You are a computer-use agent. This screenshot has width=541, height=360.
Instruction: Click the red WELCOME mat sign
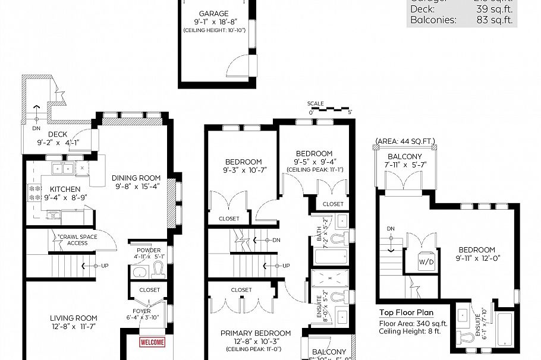tap(152, 342)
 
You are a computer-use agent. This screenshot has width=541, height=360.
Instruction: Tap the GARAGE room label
tap(213, 13)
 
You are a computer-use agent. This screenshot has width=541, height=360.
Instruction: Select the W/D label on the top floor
tap(426, 261)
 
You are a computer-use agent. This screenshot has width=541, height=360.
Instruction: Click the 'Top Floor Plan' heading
tap(406, 313)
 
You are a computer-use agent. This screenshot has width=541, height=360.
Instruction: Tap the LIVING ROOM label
tap(74, 318)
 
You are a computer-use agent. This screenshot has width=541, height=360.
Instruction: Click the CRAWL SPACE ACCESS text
tap(77, 239)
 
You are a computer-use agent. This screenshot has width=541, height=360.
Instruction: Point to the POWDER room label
tap(149, 251)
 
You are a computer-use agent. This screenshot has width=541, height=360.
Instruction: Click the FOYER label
tap(141, 311)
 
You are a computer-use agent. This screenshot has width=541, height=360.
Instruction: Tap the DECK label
tap(58, 134)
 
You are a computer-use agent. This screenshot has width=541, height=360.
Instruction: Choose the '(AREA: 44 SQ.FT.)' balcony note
tap(404, 141)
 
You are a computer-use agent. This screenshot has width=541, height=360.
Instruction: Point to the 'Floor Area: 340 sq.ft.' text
tap(413, 323)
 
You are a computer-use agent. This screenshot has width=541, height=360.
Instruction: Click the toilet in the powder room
tap(157, 271)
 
